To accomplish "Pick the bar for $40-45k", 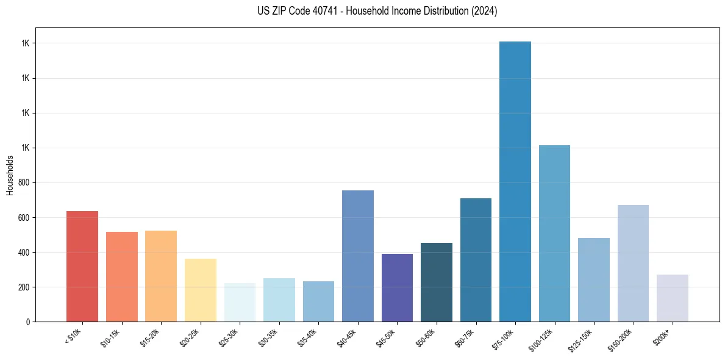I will tap(358, 256).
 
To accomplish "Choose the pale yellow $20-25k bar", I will tap(201, 290).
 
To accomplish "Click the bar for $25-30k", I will tap(240, 302).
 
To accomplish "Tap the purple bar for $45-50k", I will tap(397, 287).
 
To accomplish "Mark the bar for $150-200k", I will tap(633, 263).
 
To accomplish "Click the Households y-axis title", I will tap(10, 175).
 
